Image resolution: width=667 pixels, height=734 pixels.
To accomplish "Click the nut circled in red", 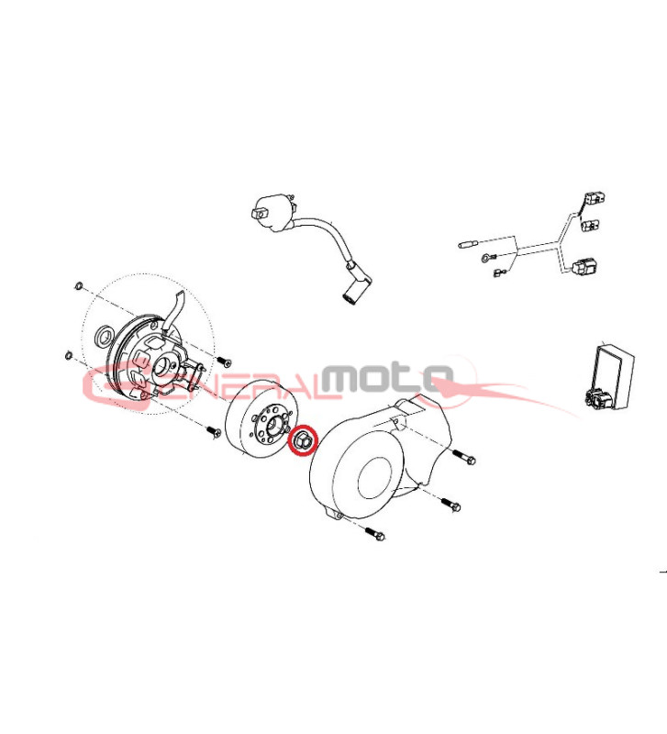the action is (x=303, y=440).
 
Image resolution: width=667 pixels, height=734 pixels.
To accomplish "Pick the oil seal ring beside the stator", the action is (x=104, y=335).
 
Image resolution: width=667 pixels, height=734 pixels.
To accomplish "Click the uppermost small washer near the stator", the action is (x=79, y=285).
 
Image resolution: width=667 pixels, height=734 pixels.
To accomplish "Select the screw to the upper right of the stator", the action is (x=225, y=361).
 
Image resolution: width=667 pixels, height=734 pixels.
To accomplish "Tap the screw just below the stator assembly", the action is (x=215, y=431).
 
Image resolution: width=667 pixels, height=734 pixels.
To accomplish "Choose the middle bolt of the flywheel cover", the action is (x=450, y=505).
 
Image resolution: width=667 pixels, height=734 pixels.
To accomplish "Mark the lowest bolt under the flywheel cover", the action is (x=374, y=533).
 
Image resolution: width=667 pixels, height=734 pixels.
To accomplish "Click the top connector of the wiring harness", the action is (x=595, y=197).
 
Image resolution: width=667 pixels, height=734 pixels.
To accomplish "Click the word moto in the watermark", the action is (x=388, y=377).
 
